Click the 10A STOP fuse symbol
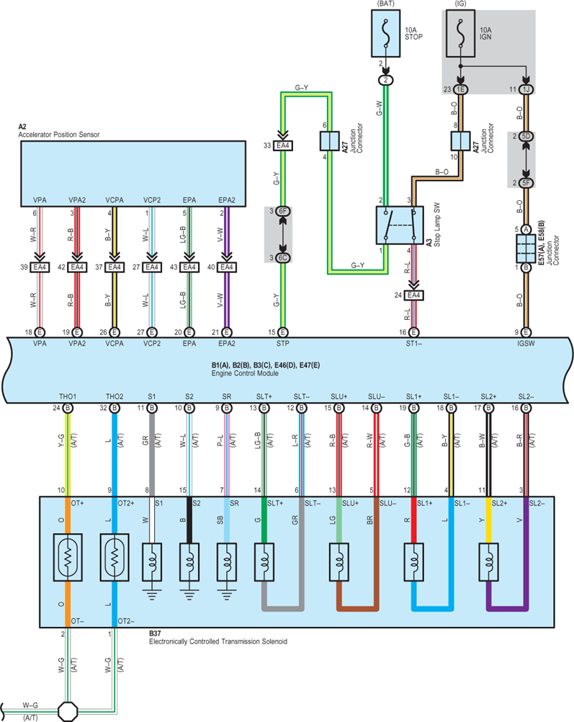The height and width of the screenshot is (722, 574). pyautogui.click(x=386, y=34)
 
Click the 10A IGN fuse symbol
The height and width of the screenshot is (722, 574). pyautogui.click(x=460, y=34)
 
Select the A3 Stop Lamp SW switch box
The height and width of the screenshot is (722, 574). pyautogui.click(x=400, y=225)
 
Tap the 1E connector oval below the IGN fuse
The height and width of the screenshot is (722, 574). pyautogui.click(x=460, y=89)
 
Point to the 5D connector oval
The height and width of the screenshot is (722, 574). pyautogui.click(x=526, y=136)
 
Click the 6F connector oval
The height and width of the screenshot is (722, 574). pyautogui.click(x=283, y=211)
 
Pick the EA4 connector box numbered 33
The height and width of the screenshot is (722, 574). pyautogui.click(x=282, y=146)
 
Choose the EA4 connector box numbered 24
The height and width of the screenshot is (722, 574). pyautogui.click(x=414, y=295)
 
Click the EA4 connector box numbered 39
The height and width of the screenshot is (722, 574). pyautogui.click(x=40, y=267)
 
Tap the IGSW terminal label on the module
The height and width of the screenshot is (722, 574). pyautogui.click(x=526, y=344)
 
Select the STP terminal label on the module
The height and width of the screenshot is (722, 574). pyautogui.click(x=282, y=344)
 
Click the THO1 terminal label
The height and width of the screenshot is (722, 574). pyautogui.click(x=68, y=396)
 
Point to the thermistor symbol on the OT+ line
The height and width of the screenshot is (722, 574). pyautogui.click(x=68, y=557)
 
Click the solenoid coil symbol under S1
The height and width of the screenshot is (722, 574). pyautogui.click(x=152, y=562)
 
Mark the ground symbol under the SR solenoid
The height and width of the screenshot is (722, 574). pyautogui.click(x=226, y=594)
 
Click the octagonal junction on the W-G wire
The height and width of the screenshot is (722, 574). pyautogui.click(x=68, y=711)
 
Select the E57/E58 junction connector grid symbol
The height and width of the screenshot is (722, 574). pyautogui.click(x=526, y=249)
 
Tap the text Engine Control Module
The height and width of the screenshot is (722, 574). pyautogui.click(x=245, y=373)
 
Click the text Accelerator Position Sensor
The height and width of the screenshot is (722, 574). pyautogui.click(x=59, y=135)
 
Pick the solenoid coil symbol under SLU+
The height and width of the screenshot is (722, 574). pyautogui.click(x=339, y=562)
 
